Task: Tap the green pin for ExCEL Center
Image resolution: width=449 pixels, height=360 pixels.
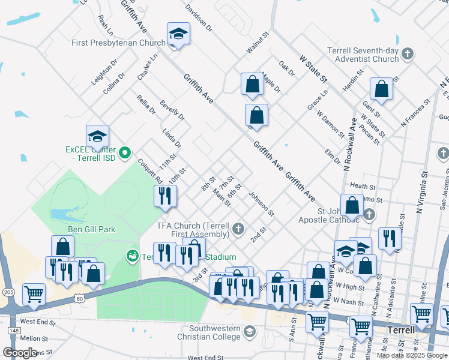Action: (125, 154)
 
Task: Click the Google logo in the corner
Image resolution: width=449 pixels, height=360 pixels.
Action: (20, 352)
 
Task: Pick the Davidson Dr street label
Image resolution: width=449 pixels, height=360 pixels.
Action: (199, 19)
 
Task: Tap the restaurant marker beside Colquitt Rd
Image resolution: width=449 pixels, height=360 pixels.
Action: (164, 196)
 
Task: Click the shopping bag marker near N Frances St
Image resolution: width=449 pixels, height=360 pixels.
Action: (381, 89)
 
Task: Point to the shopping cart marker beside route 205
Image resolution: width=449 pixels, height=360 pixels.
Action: (34, 294)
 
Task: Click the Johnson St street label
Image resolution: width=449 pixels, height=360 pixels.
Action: (262, 204)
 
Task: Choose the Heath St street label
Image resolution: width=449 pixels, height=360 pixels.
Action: (362, 187)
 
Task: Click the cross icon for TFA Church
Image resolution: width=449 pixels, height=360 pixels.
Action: (238, 229)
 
